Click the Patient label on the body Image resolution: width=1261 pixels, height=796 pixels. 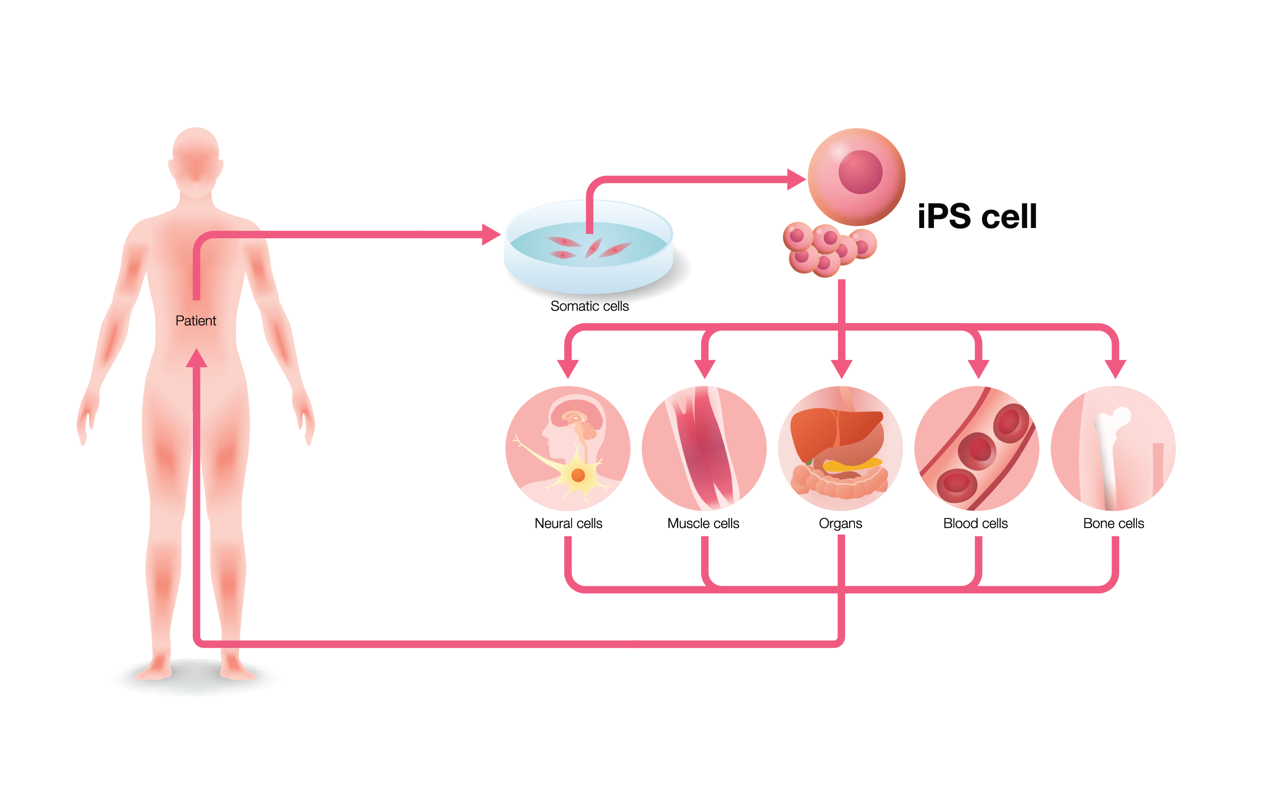[x=195, y=320]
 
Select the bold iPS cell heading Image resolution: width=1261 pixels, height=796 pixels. [x=977, y=216]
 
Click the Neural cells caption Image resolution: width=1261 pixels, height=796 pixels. [x=568, y=523]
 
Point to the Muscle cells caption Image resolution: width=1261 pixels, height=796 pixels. [x=703, y=523]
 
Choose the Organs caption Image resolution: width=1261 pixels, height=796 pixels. [x=840, y=523]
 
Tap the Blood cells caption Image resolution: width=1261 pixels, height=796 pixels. [x=975, y=523]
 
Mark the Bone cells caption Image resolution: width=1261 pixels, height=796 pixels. [x=1113, y=523]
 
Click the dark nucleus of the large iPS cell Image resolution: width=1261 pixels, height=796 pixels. [x=860, y=172]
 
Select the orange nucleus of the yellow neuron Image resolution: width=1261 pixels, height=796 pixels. [x=578, y=475]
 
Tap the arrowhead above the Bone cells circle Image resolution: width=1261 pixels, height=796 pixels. [x=1115, y=368]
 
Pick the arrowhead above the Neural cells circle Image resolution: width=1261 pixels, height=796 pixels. [x=568, y=368]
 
